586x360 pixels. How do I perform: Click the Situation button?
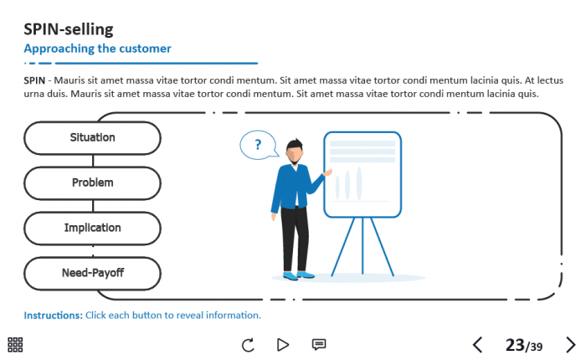click(x=93, y=138)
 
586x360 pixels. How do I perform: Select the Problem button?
click(x=93, y=183)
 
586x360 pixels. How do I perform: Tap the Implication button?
click(x=93, y=229)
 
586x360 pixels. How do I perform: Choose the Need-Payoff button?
click(x=93, y=274)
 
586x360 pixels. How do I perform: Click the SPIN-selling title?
click(x=69, y=29)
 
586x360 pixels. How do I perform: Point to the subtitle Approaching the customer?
click(x=98, y=49)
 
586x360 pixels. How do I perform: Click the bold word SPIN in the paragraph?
click(x=34, y=80)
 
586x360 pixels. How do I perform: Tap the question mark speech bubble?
click(x=259, y=145)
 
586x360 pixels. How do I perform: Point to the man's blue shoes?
click(x=298, y=276)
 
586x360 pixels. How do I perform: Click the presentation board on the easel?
click(x=362, y=174)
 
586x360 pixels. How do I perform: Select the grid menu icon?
click(x=15, y=345)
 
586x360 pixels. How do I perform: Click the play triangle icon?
click(x=283, y=345)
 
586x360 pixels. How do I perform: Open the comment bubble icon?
click(x=319, y=344)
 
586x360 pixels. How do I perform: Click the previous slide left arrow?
click(x=478, y=345)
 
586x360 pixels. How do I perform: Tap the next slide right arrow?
click(x=570, y=345)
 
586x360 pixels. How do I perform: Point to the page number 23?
click(x=515, y=345)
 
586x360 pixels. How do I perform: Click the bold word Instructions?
click(x=53, y=316)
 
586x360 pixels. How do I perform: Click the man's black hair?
click(x=295, y=144)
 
